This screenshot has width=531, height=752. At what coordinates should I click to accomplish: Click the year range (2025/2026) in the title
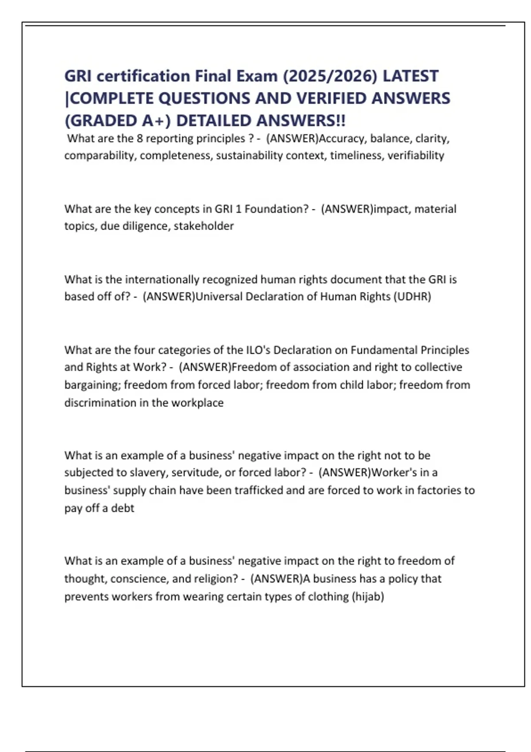click(x=330, y=76)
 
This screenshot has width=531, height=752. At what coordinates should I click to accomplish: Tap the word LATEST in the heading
click(x=410, y=76)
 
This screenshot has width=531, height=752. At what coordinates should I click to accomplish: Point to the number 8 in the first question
click(x=140, y=138)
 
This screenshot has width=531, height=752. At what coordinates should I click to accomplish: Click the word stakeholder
click(x=204, y=226)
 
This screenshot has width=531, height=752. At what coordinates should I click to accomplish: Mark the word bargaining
click(x=92, y=385)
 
